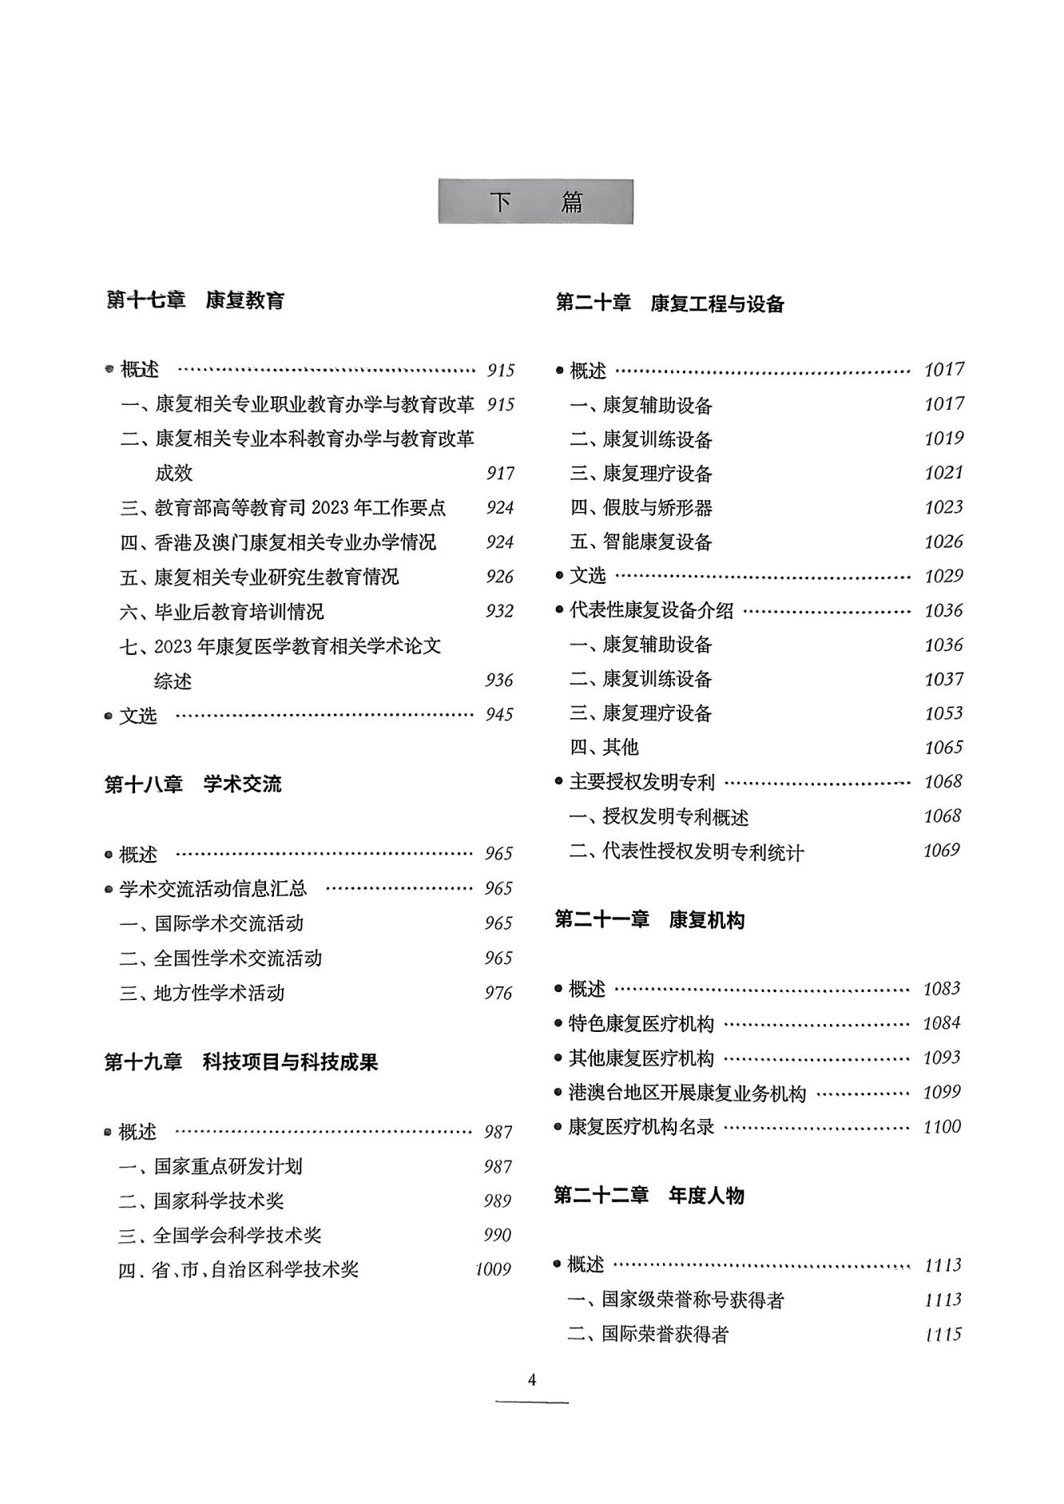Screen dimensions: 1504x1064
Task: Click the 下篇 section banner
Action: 535,202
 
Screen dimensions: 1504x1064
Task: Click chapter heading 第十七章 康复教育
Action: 196,300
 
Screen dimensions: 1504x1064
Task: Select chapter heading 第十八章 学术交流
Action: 193,784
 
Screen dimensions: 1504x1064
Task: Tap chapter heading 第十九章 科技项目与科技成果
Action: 241,1062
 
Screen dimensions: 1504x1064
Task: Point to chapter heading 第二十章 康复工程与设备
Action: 669,304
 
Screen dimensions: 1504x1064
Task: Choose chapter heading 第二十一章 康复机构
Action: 649,920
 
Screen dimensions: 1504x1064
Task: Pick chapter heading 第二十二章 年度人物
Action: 649,1195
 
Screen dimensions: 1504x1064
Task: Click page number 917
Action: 500,473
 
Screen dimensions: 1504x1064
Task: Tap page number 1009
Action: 493,1269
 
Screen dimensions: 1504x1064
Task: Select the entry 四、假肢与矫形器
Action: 641,507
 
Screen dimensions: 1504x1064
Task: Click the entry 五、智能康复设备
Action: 641,542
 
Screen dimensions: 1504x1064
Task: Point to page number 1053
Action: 943,712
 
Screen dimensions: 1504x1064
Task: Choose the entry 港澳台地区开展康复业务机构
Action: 687,1093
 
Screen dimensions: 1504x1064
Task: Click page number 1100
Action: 942,1126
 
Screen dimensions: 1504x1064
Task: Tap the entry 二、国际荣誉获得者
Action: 648,1334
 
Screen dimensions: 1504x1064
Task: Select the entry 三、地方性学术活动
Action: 202,993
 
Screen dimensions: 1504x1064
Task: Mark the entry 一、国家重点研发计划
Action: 211,1166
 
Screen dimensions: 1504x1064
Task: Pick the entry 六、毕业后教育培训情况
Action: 222,612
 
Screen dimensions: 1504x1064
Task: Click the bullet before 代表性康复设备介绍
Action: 559,610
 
